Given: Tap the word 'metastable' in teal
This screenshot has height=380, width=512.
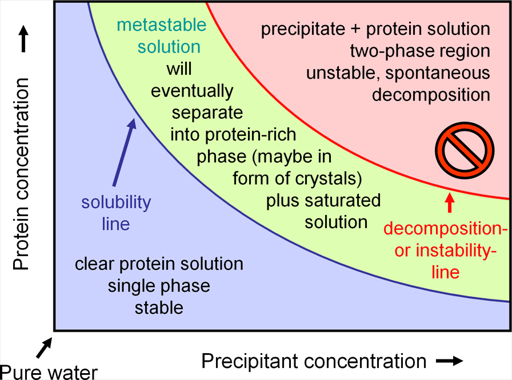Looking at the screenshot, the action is pos(162,25).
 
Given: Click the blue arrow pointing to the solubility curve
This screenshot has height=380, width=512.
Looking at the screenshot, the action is pos(125,152).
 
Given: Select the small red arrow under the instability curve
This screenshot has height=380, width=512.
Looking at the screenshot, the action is pos(450,203).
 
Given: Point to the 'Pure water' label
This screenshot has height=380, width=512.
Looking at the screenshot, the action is pos(49,372).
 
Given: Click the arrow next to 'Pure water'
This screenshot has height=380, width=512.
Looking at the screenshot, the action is pos(44,347).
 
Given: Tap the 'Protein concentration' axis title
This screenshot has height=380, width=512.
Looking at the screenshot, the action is pos(21,174).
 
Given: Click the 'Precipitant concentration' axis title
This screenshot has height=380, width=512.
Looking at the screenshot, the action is pos(314,361).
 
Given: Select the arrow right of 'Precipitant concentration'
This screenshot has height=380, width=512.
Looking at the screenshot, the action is pos(450,361).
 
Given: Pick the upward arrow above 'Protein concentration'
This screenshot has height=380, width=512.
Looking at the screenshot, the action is pos(23,39).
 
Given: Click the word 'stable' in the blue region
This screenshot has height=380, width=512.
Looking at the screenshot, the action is pos(159,308).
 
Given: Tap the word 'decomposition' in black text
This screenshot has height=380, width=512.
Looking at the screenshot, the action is pos(431,95).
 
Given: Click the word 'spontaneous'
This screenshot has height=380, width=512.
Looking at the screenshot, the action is pos(438,73).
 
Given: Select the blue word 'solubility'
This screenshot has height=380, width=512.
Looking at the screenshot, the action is pos(116,203).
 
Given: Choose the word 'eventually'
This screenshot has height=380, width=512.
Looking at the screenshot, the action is pos(193,91).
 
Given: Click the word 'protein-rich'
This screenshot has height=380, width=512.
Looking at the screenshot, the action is pos(250,135).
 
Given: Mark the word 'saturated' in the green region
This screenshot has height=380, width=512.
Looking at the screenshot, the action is pos(343,200).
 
